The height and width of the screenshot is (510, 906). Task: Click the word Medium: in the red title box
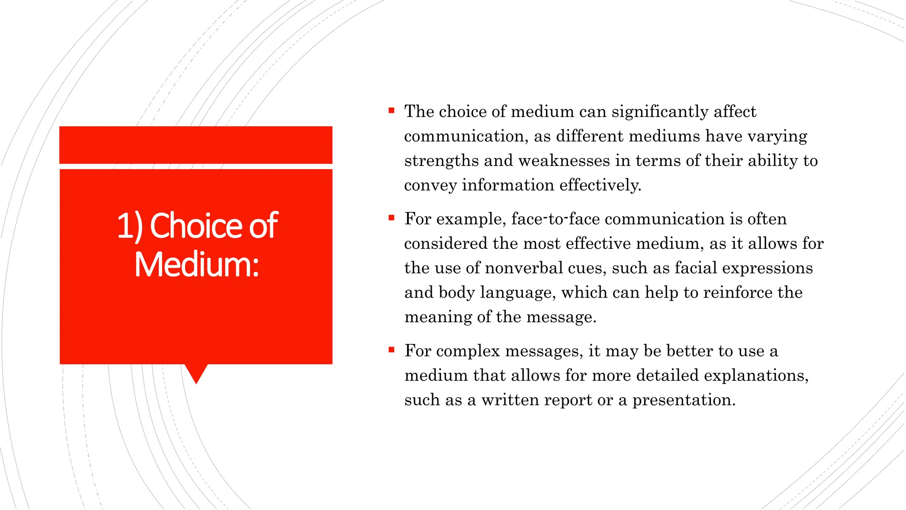click(196, 265)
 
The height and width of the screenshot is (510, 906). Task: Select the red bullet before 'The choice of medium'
click(391, 111)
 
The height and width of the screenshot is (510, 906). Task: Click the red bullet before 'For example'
click(391, 218)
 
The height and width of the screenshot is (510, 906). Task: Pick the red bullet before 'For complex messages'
click(391, 350)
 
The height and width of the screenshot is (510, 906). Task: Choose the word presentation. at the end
click(684, 400)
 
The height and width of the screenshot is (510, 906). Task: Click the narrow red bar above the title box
click(196, 145)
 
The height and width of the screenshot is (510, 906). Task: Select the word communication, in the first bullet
click(466, 136)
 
